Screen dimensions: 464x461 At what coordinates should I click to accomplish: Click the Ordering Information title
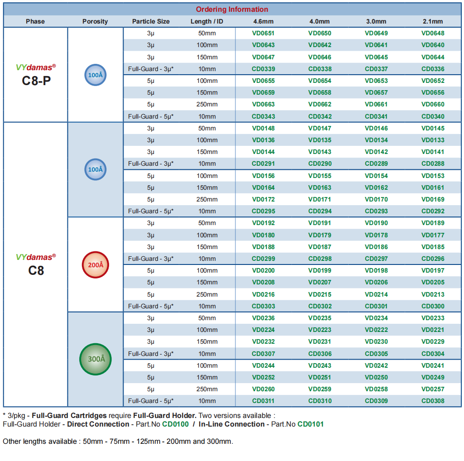(232, 9)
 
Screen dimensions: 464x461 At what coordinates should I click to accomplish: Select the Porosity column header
(95, 21)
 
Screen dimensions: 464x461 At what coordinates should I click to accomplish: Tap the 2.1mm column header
(433, 21)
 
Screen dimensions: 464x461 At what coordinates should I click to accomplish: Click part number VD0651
(263, 33)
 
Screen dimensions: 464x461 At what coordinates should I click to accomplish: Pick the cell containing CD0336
(433, 69)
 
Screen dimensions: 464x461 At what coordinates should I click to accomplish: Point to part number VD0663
(263, 104)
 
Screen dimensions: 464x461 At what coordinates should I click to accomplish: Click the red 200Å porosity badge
(95, 265)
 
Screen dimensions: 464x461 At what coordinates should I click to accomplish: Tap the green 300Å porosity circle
(95, 359)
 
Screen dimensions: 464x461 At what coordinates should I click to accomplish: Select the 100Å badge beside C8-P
(95, 75)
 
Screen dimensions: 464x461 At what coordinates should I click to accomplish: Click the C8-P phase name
(36, 81)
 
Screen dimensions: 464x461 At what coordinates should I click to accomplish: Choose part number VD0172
(263, 199)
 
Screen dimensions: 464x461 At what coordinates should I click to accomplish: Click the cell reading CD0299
(263, 259)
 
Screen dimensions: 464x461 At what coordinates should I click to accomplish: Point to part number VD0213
(433, 294)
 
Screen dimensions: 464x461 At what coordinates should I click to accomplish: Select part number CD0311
(263, 401)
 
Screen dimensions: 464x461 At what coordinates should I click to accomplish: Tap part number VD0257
(433, 389)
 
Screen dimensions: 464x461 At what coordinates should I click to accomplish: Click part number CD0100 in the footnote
(175, 424)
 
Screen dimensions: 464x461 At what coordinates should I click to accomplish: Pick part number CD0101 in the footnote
(311, 424)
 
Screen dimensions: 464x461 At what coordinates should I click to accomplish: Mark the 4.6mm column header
(263, 21)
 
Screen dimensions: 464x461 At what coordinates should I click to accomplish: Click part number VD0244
(263, 365)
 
